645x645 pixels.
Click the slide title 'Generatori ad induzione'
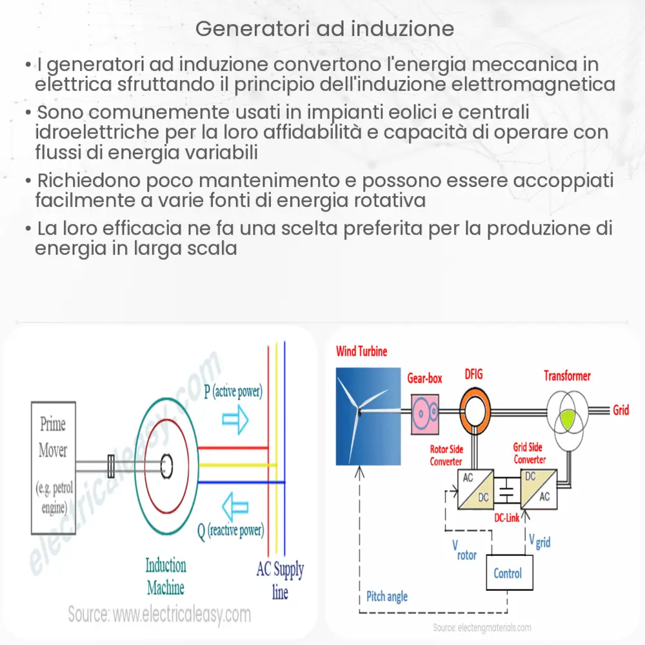tap(324, 29)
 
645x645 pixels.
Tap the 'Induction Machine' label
tap(165, 577)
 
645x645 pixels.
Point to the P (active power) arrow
tap(235, 419)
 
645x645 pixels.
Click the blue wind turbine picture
tap(366, 415)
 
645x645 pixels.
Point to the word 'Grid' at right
tap(620, 410)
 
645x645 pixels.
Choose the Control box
tap(508, 573)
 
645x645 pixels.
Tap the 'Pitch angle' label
tap(387, 596)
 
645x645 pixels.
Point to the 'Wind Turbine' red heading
tap(362, 352)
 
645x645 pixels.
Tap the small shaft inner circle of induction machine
tap(166, 464)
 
